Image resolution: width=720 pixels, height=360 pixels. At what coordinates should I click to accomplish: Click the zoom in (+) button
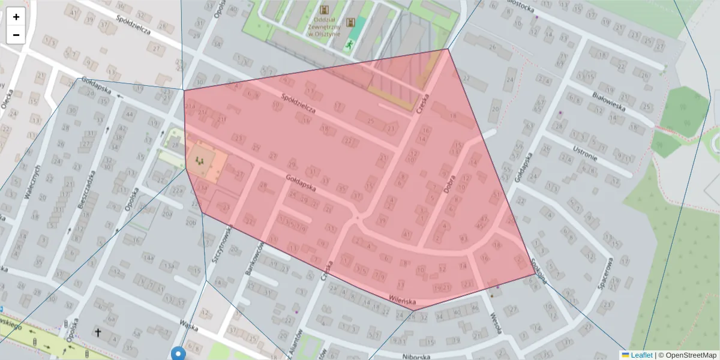click(x=16, y=17)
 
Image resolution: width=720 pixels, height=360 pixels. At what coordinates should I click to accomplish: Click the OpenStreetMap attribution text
click(x=689, y=355)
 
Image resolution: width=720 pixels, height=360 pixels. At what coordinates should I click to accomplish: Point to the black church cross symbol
click(x=98, y=332)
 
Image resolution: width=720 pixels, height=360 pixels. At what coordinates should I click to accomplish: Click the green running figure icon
click(x=349, y=44)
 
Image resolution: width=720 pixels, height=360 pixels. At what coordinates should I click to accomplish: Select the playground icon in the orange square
click(x=200, y=160)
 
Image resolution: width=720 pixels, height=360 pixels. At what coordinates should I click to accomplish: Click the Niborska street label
click(x=416, y=356)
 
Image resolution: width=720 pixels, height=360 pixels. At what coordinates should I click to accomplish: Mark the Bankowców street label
click(x=255, y=258)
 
